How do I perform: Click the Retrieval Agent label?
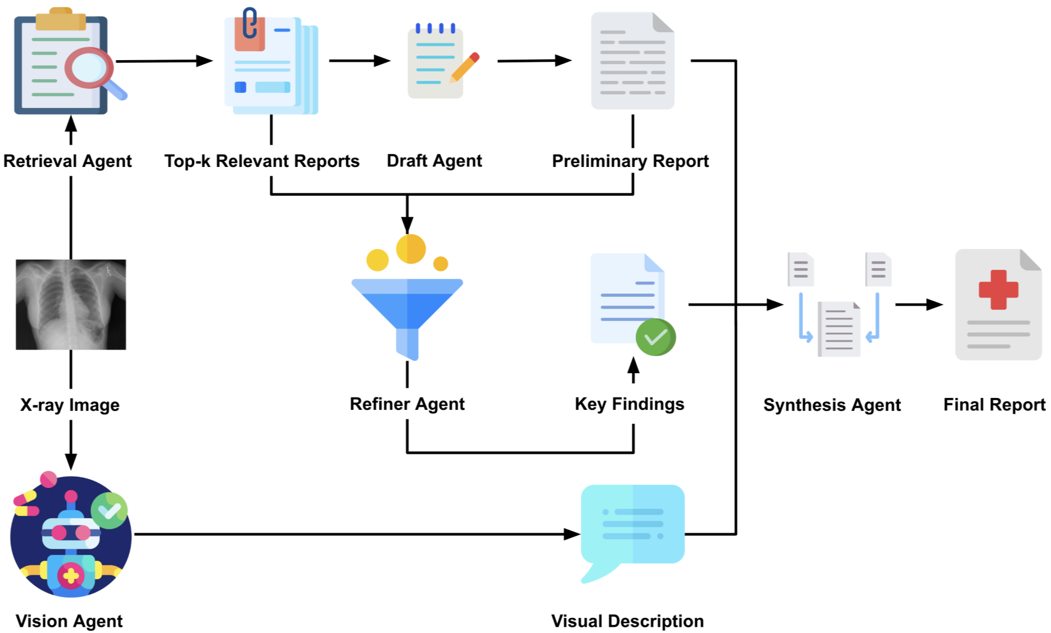click(67, 161)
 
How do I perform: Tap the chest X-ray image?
click(71, 304)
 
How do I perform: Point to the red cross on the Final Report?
click(998, 290)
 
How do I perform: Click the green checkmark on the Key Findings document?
click(655, 337)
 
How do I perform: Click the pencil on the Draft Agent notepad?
click(464, 67)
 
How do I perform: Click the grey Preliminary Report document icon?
click(632, 61)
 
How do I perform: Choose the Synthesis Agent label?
click(832, 405)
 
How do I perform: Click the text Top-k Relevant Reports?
click(262, 161)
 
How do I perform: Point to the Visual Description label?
click(627, 621)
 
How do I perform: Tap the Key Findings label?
click(629, 404)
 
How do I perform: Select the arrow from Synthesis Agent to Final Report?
click(919, 305)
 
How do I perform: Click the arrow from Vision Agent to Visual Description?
click(357, 534)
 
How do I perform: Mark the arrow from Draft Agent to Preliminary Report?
click(534, 61)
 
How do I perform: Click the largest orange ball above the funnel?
click(411, 249)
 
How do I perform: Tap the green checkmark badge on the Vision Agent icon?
click(109, 510)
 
